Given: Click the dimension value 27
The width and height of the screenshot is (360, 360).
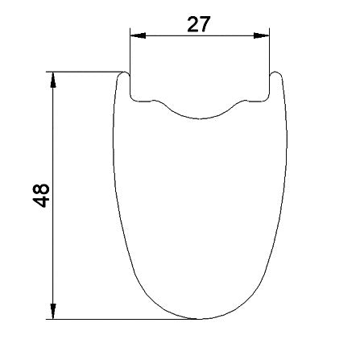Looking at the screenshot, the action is click(198, 24).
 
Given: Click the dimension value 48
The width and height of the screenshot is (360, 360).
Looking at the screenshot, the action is click(41, 195).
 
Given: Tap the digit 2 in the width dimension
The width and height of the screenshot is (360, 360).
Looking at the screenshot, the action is click(192, 24).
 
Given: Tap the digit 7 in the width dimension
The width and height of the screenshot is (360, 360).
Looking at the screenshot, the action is click(204, 24).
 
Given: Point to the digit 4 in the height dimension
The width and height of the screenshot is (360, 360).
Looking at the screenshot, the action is click(41, 201).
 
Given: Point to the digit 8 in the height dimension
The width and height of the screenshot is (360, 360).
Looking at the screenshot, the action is click(41, 189).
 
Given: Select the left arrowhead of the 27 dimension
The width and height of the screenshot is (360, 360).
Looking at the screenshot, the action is click(138, 35).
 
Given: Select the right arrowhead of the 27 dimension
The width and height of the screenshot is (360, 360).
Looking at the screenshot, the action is click(261, 35).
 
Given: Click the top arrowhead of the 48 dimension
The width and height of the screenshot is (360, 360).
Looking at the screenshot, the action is click(53, 80).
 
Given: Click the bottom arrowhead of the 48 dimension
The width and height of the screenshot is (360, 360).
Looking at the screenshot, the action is click(53, 312).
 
